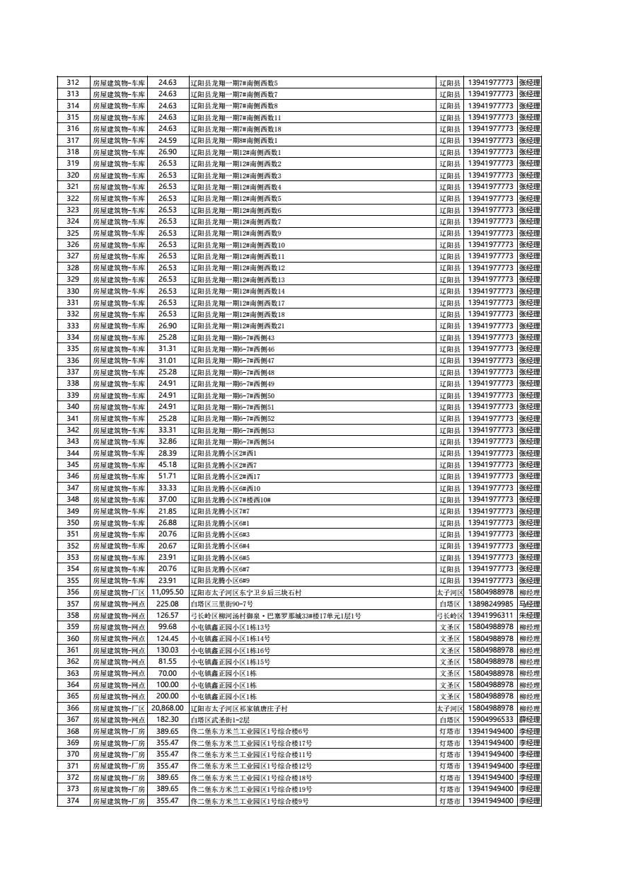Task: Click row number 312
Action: click(x=73, y=83)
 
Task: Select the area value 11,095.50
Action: click(x=167, y=592)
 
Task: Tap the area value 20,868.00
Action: click(x=167, y=708)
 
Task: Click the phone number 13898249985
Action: click(x=490, y=604)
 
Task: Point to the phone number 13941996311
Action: click(x=490, y=616)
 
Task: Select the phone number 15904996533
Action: click(x=490, y=720)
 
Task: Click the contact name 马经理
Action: click(x=529, y=604)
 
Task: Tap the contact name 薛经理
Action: click(x=529, y=720)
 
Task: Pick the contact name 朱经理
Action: click(x=529, y=616)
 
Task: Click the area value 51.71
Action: click(x=167, y=477)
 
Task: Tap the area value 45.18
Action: click(x=167, y=465)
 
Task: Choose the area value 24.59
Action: click(x=167, y=141)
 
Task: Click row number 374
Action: click(x=73, y=801)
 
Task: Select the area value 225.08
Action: click(x=167, y=604)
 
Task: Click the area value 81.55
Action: click(x=167, y=662)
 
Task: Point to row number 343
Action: click(x=73, y=442)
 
